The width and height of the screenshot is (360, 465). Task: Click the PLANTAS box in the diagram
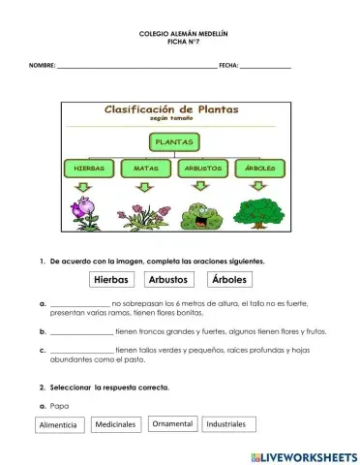tap(174, 141)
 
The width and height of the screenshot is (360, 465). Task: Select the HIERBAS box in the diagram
tap(88, 168)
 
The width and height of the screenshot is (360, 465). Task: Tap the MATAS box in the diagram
tap(145, 168)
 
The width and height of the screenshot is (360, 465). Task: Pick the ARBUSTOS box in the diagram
tap(202, 168)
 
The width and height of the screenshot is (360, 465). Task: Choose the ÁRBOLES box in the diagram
tap(259, 168)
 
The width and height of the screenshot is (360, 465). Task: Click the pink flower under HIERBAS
tap(85, 210)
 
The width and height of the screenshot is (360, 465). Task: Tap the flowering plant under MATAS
tap(145, 213)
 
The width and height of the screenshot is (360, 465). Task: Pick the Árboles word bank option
tap(229, 280)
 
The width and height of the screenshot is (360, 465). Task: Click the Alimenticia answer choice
tap(61, 425)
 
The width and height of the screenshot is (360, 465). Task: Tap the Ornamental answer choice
tap(173, 423)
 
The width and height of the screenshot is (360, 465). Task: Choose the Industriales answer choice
tap(226, 424)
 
